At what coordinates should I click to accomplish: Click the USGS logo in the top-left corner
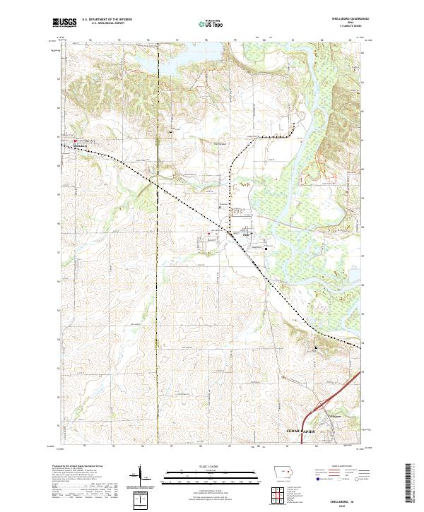tap(62, 23)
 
